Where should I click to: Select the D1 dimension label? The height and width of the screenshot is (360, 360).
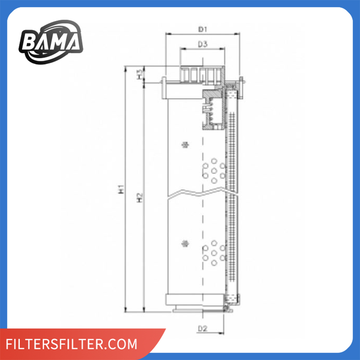203,29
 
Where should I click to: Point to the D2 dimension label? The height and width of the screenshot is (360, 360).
203,328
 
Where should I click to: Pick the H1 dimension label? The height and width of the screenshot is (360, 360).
122,189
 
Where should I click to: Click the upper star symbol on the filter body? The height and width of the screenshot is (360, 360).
186,145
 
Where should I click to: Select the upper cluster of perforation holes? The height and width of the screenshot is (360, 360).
214,170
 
